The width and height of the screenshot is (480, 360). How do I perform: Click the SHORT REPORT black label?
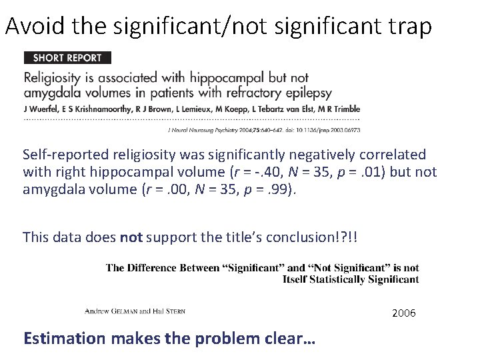[67, 58]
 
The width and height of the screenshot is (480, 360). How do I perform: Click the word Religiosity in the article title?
[57, 77]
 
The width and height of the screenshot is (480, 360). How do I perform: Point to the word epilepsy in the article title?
[305, 93]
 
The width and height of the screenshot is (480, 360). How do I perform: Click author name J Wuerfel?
[40, 109]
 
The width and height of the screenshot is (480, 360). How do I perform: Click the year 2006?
[404, 313]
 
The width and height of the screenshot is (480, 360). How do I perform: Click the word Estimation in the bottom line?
[64, 338]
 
